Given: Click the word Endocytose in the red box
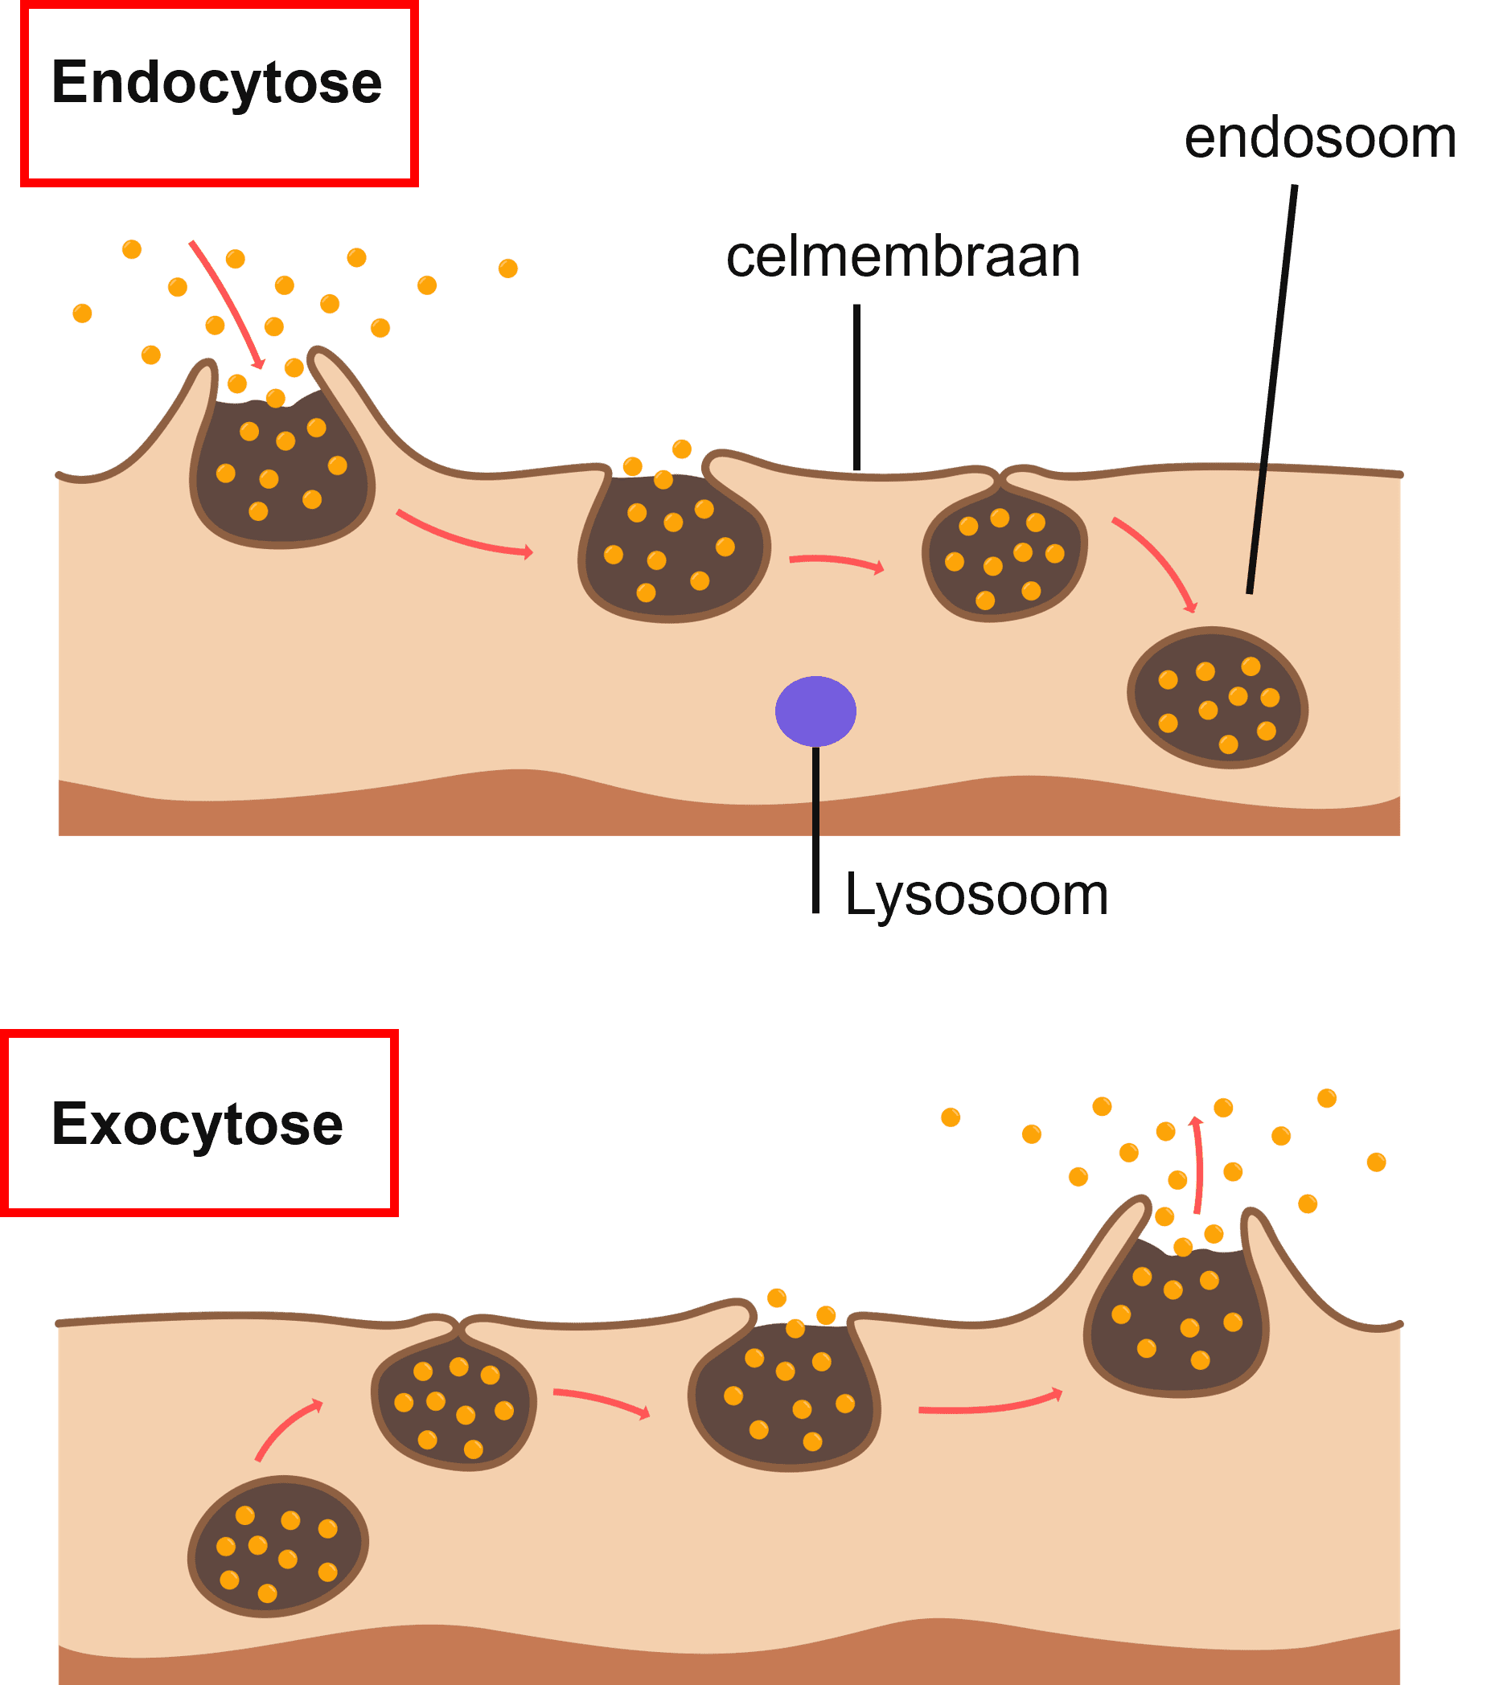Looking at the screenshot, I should (x=216, y=84).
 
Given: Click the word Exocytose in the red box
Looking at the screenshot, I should (x=197, y=1125).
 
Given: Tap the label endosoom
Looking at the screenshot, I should (x=1320, y=137).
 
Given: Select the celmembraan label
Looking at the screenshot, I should (x=903, y=257).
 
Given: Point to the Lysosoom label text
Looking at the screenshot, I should (x=976, y=896).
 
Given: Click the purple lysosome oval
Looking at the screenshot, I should (x=815, y=711).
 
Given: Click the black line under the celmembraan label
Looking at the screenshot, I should (x=856, y=387).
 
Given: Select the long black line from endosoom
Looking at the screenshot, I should (x=1272, y=387).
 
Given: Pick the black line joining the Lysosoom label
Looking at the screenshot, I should (x=815, y=829).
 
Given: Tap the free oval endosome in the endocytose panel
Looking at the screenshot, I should (x=1217, y=699).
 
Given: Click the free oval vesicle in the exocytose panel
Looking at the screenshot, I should (x=278, y=1547).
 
